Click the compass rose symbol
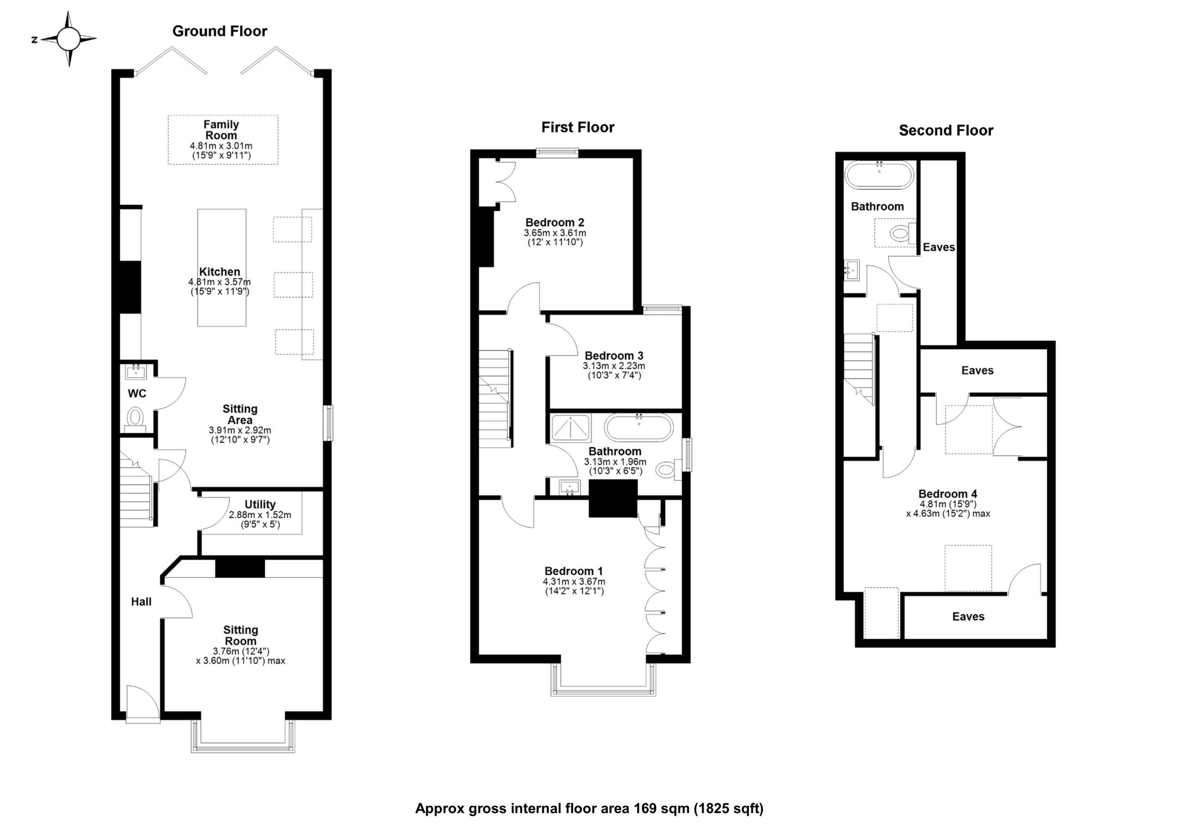pos(68,39)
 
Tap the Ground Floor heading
pos(220,31)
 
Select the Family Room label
pos(221,130)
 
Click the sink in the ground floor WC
pos(136,371)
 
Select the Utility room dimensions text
pos(260,520)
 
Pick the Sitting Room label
pos(241,635)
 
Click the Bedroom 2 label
pos(555,223)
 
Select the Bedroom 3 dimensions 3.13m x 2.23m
pos(614,366)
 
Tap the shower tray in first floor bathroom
pos(570,428)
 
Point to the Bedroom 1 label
pos(573,571)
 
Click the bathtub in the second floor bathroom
pos(879,175)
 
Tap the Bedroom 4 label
pos(947,493)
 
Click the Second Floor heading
pos(945,130)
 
